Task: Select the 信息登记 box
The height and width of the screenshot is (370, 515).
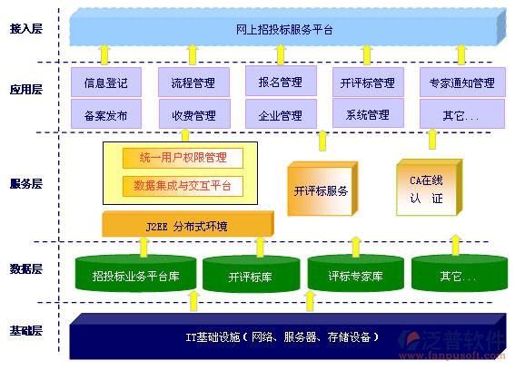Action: point(106,83)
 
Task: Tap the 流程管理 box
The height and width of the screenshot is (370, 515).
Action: point(193,83)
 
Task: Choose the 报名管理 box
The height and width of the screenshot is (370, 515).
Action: point(279,82)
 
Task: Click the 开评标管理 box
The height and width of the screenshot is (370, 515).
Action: point(367,83)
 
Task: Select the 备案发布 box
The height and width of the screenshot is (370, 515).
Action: point(106,115)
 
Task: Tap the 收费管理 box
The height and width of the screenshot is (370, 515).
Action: point(193,115)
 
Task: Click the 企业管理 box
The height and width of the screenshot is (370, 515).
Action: point(279,115)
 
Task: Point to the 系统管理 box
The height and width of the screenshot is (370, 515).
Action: point(367,115)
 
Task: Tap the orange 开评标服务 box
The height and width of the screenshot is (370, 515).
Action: point(321,191)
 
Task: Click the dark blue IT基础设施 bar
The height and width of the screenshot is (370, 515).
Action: point(286,337)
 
